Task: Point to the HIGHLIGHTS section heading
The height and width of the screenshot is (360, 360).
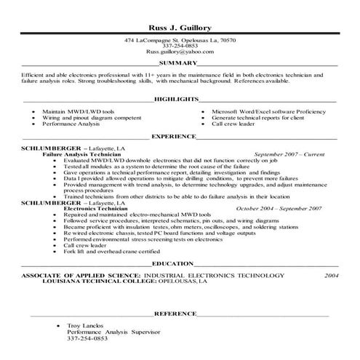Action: point(178,97)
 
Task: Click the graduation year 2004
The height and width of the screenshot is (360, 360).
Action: point(332,276)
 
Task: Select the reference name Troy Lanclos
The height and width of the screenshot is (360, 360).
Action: point(84,326)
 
